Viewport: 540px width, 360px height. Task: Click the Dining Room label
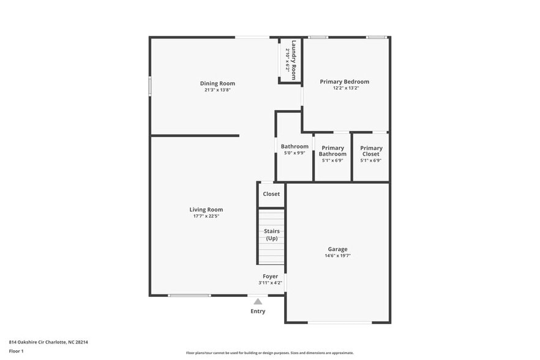pyautogui.click(x=217, y=83)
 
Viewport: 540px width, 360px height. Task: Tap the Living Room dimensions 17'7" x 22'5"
pyautogui.click(x=206, y=216)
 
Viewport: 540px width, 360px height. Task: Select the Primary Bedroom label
pyautogui.click(x=345, y=81)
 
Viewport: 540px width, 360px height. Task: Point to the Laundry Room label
pyautogui.click(x=294, y=60)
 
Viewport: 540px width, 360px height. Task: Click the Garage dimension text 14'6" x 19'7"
pyautogui.click(x=337, y=256)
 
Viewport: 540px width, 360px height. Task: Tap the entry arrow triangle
pyautogui.click(x=258, y=301)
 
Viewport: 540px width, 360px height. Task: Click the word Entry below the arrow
pyautogui.click(x=258, y=311)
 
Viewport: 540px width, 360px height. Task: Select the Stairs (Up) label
pyautogui.click(x=272, y=234)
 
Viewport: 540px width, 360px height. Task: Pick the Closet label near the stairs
pyautogui.click(x=271, y=194)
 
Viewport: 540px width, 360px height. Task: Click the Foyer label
pyautogui.click(x=271, y=276)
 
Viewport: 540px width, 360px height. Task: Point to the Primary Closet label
pyautogui.click(x=371, y=151)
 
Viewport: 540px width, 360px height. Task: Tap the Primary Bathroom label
pyautogui.click(x=332, y=151)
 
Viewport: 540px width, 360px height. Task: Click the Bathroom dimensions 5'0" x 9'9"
pyautogui.click(x=294, y=153)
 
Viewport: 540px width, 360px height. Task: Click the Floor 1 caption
pyautogui.click(x=17, y=351)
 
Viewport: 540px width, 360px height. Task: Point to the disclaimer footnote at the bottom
pyautogui.click(x=270, y=353)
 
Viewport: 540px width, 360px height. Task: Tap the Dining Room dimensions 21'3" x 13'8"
pyautogui.click(x=217, y=90)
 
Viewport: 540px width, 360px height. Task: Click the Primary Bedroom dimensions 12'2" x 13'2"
pyautogui.click(x=345, y=88)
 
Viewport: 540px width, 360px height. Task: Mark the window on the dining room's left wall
pyautogui.click(x=150, y=85)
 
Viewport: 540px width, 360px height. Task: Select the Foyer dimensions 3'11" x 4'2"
pyautogui.click(x=271, y=283)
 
